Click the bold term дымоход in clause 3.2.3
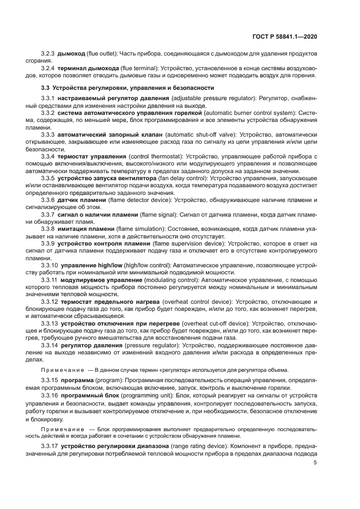71,54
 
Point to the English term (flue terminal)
138,69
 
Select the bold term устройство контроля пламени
102,243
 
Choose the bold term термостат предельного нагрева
111,301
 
